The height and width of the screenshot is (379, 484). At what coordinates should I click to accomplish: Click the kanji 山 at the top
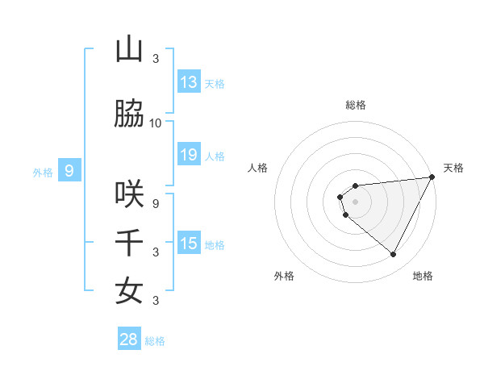click(129, 50)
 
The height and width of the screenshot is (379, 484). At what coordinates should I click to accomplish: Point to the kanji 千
click(129, 243)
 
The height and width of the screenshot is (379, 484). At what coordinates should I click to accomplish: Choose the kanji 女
click(129, 291)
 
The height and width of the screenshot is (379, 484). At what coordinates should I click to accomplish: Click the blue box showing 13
click(189, 82)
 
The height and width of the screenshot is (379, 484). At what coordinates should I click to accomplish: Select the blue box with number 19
click(189, 155)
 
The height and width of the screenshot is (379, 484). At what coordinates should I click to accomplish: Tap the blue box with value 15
click(189, 244)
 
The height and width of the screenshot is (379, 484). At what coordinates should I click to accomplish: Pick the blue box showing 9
click(69, 171)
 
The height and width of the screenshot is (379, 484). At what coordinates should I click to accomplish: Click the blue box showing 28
click(129, 339)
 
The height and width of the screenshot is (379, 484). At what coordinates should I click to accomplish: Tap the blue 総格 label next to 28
click(155, 341)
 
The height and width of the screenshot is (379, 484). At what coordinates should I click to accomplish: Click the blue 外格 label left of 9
click(42, 172)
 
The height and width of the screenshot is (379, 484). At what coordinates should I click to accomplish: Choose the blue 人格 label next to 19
click(215, 156)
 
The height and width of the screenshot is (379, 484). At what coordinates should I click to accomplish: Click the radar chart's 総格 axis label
click(356, 105)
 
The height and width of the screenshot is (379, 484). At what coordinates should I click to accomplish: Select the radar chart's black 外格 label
click(284, 276)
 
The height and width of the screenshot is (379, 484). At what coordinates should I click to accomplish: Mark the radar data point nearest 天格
click(432, 177)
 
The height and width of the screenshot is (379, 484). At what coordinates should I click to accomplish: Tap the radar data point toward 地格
click(394, 255)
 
